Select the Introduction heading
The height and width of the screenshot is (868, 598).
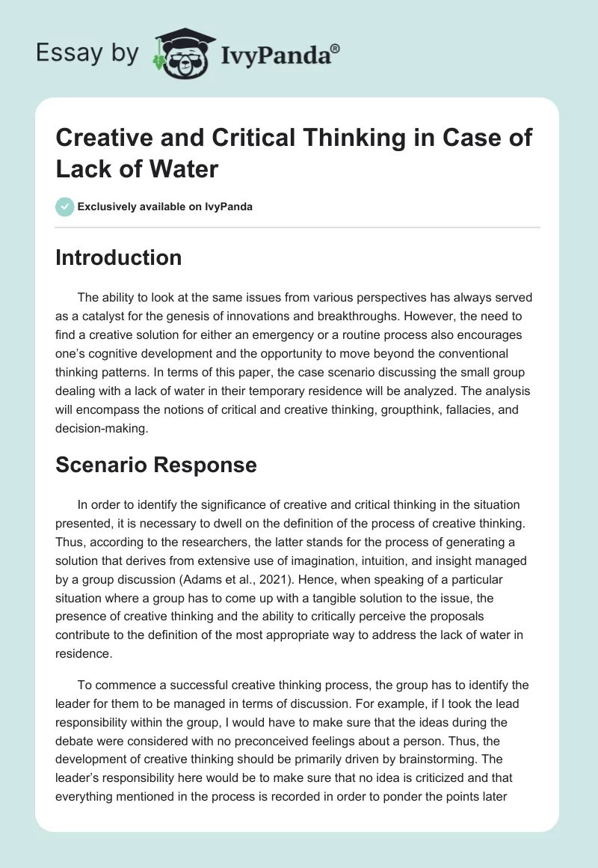[118, 257]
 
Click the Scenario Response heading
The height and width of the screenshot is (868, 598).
[155, 465]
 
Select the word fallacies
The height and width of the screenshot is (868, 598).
[486, 406]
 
